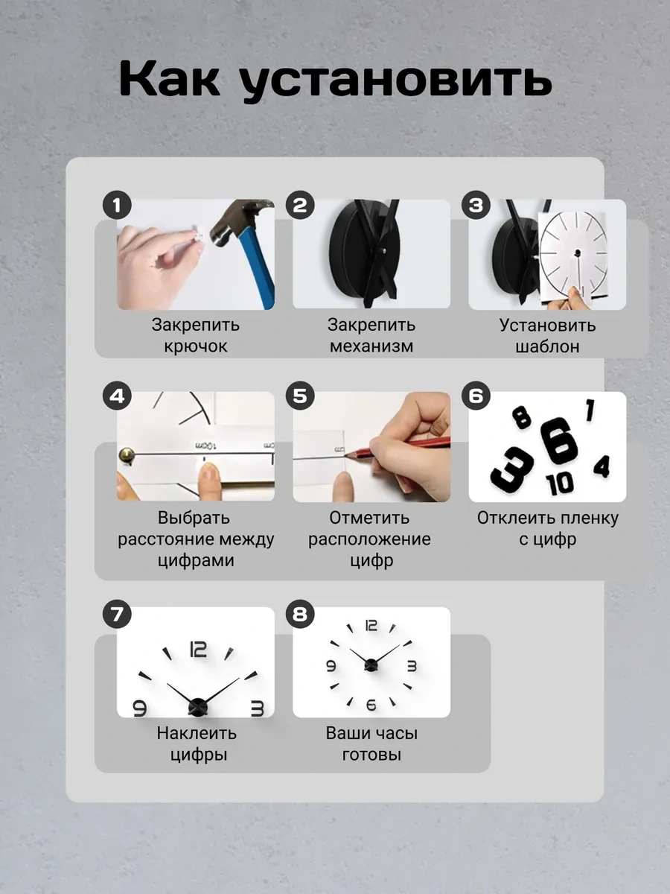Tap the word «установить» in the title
(x=395, y=80)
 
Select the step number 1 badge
(x=117, y=205)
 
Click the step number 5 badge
(x=299, y=396)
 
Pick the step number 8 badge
(x=299, y=614)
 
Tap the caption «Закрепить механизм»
(x=371, y=336)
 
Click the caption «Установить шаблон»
(x=547, y=336)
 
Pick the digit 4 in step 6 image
(x=602, y=466)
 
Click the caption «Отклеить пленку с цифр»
(x=547, y=528)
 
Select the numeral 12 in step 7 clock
(x=198, y=650)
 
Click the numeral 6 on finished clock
(x=371, y=704)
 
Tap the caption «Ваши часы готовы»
(x=371, y=744)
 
